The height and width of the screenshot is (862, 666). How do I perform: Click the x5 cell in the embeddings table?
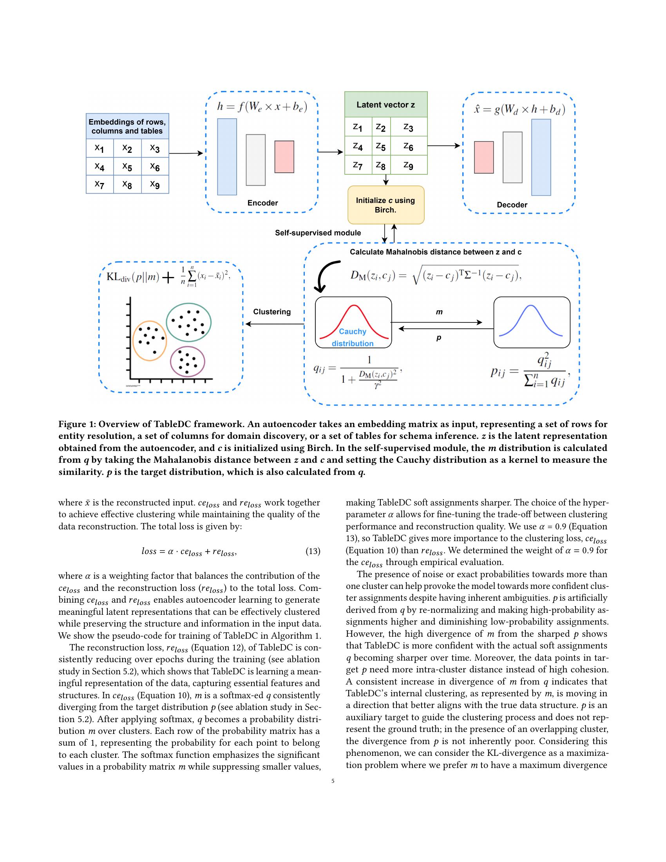pyautogui.click(x=127, y=166)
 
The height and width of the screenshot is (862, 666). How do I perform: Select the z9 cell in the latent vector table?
pyautogui.click(x=408, y=165)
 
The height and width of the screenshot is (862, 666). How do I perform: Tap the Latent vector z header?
pyautogui.click(x=385, y=105)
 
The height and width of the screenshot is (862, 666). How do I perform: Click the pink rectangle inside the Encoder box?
pyautogui.click(x=284, y=157)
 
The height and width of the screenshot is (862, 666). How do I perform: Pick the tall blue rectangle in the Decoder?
pyautogui.click(x=541, y=157)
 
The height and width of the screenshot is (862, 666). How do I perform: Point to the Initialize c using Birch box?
pyautogui.click(x=385, y=205)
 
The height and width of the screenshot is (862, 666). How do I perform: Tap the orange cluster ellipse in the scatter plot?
pyautogui.click(x=150, y=340)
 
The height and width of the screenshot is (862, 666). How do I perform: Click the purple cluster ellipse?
pyautogui.click(x=187, y=362)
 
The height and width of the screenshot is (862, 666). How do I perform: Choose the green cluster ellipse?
pyautogui.click(x=188, y=322)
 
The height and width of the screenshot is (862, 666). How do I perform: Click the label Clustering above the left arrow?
pyautogui.click(x=272, y=312)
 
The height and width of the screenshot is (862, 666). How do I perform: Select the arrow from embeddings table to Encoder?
pyautogui.click(x=185, y=153)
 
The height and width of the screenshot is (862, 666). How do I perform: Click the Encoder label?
pyautogui.click(x=262, y=203)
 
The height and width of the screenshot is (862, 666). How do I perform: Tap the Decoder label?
pyautogui.click(x=512, y=205)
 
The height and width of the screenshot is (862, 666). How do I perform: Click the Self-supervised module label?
pyautogui.click(x=318, y=233)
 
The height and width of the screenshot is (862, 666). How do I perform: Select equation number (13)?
pyautogui.click(x=313, y=551)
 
